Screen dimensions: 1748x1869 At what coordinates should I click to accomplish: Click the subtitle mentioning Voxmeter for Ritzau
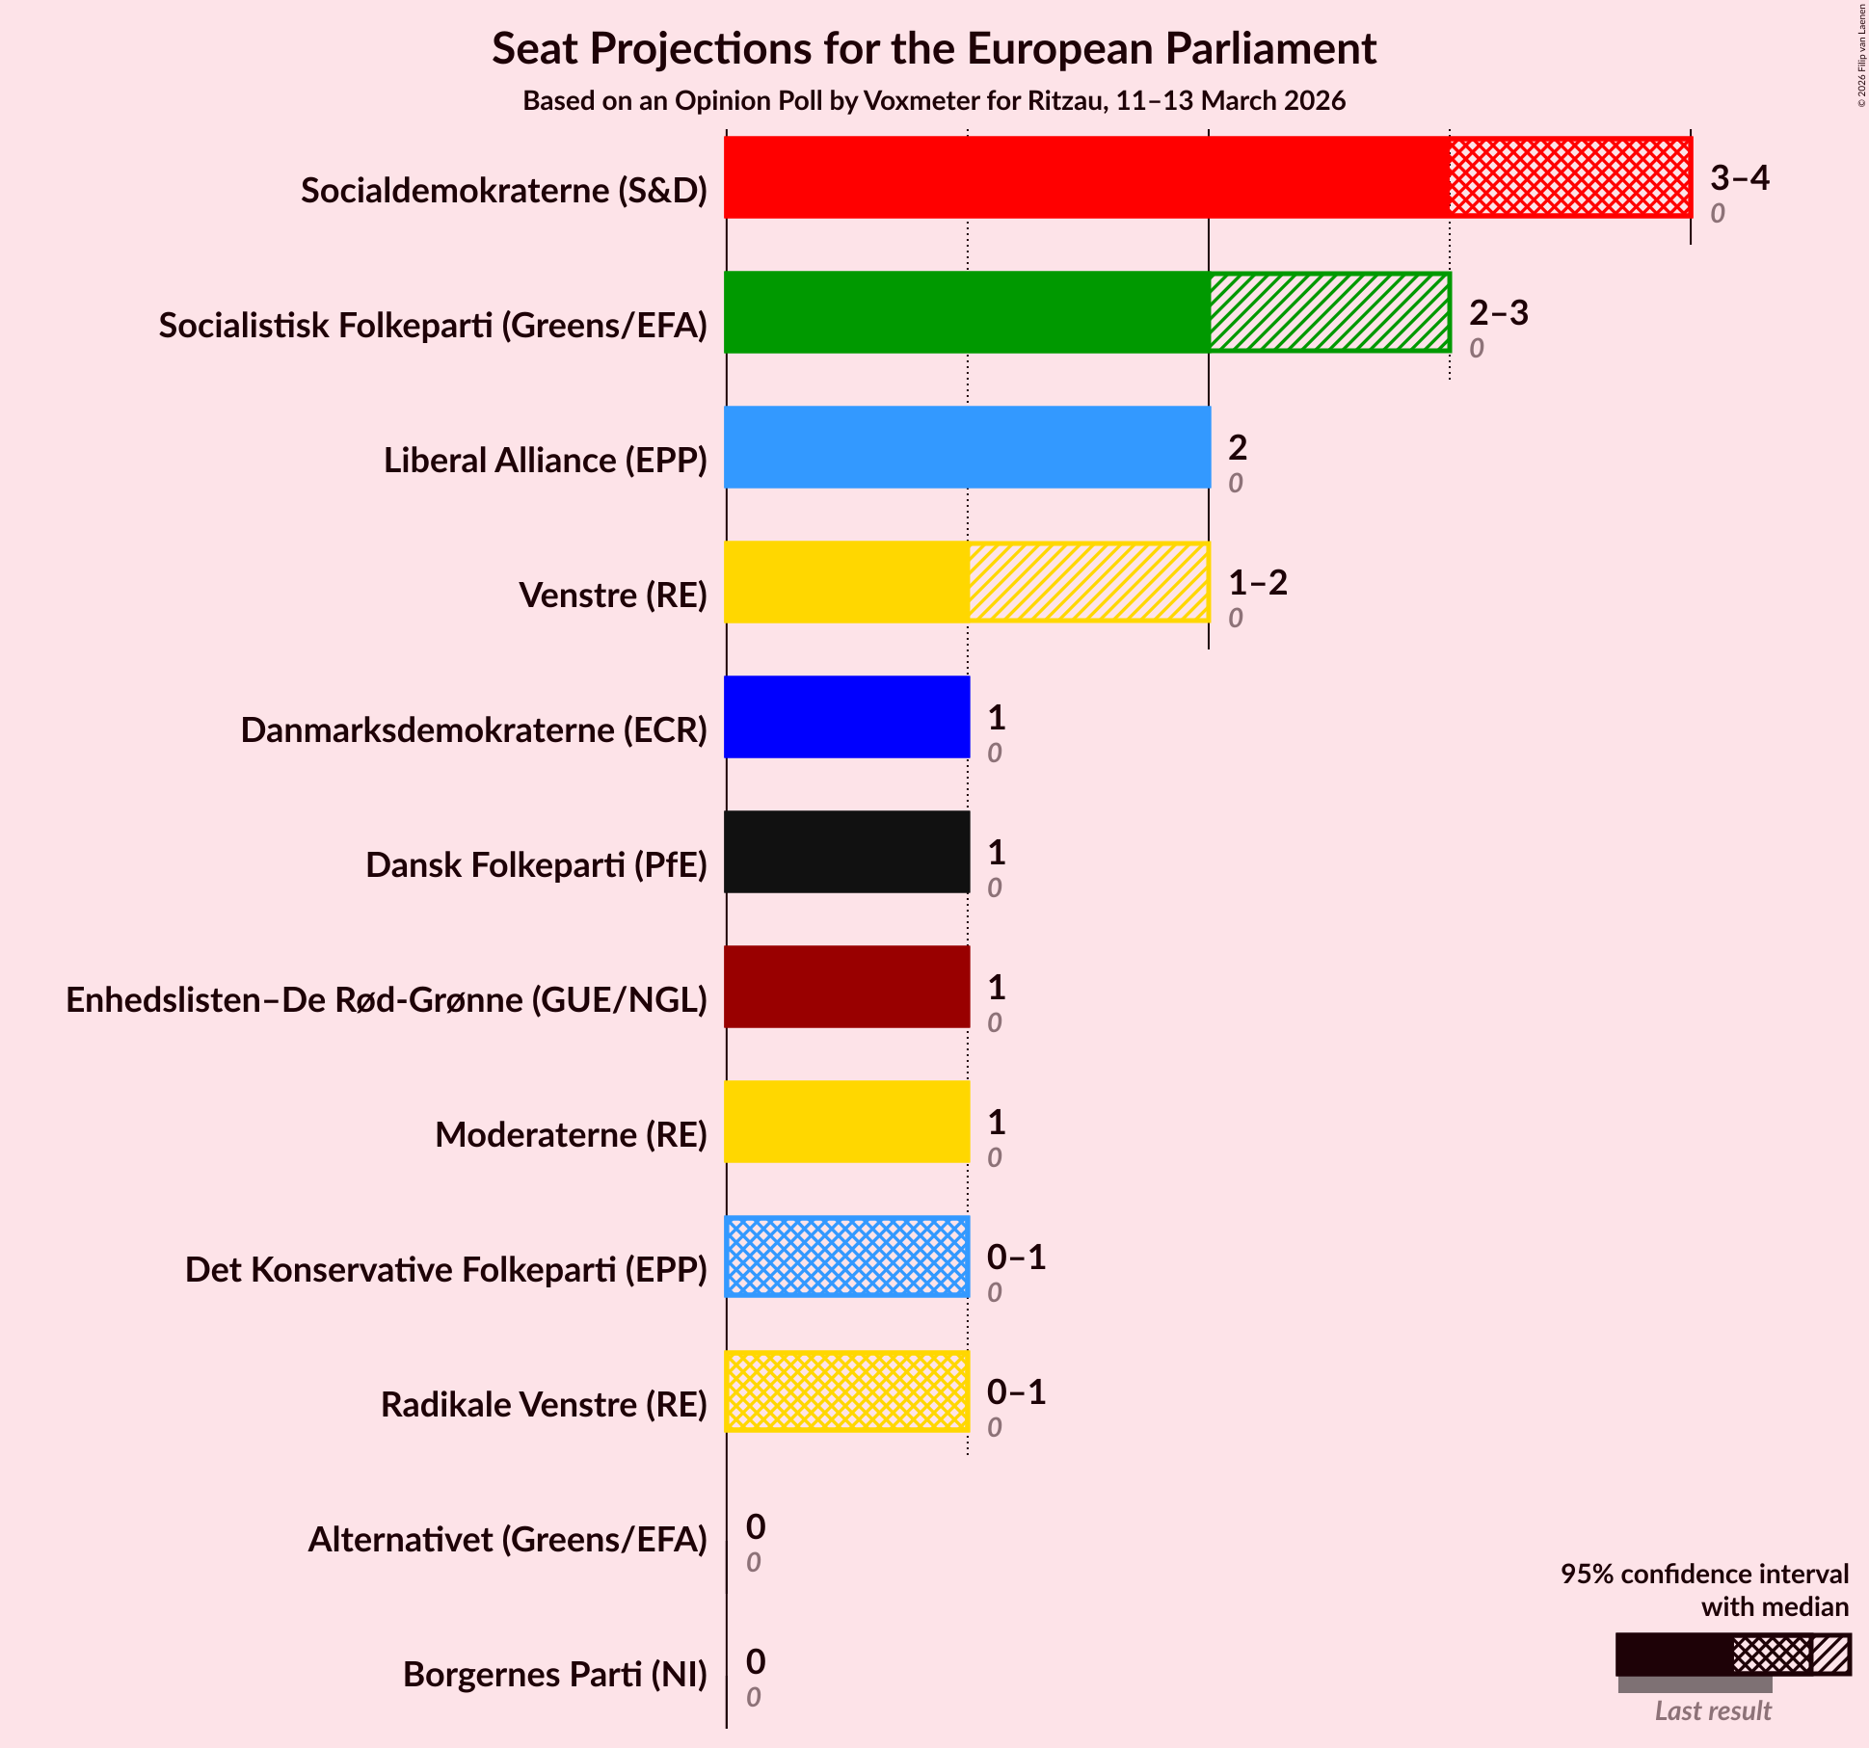pyautogui.click(x=933, y=101)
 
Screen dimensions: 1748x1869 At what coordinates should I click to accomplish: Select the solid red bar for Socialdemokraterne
pyautogui.click(x=1086, y=177)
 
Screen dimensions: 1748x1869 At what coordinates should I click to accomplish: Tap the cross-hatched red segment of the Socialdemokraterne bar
pyautogui.click(x=1569, y=177)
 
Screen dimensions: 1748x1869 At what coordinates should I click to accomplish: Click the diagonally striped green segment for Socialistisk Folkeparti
pyautogui.click(x=1329, y=312)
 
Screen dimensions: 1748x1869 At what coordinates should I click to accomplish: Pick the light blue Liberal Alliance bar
pyautogui.click(x=967, y=447)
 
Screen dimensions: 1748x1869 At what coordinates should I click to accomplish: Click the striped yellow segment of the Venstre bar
pyautogui.click(x=1088, y=582)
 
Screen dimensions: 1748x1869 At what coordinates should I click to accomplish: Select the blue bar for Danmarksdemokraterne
pyautogui.click(x=846, y=717)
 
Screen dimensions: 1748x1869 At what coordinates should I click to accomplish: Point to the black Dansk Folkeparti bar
pyautogui.click(x=846, y=852)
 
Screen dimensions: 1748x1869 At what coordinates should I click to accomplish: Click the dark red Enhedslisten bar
pyautogui.click(x=846, y=987)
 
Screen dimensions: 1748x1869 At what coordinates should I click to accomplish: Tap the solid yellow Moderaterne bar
pyautogui.click(x=846, y=1122)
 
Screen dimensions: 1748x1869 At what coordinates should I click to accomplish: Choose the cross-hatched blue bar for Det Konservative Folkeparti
pyautogui.click(x=846, y=1257)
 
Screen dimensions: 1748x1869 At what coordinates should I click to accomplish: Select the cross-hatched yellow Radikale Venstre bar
pyautogui.click(x=846, y=1391)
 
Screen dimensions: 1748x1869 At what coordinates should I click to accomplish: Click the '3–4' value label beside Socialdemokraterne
pyautogui.click(x=1739, y=178)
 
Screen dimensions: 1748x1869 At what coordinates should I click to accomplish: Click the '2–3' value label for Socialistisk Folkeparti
pyautogui.click(x=1498, y=313)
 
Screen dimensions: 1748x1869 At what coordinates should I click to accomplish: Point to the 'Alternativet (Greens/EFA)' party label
pyautogui.click(x=507, y=1540)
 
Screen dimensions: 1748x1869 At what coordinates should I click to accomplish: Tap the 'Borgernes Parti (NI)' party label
pyautogui.click(x=554, y=1675)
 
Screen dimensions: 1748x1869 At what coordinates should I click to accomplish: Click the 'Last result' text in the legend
pyautogui.click(x=1713, y=1710)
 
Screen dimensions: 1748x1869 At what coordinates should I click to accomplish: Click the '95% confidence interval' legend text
pyautogui.click(x=1704, y=1574)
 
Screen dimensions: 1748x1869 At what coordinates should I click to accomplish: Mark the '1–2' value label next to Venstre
pyautogui.click(x=1257, y=583)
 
